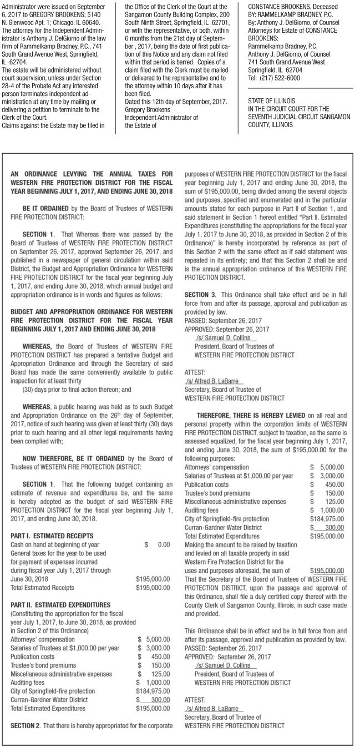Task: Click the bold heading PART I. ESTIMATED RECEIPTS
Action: tap(52, 536)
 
